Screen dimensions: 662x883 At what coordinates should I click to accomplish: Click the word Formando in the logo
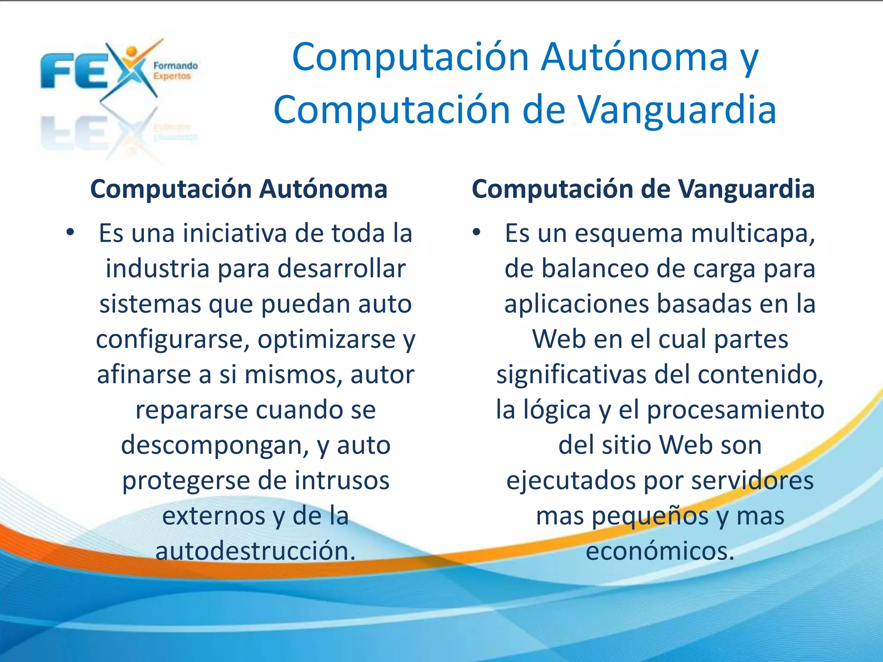point(175,66)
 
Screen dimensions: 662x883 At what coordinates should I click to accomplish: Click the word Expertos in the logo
point(172,76)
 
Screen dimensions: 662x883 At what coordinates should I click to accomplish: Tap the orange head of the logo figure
point(132,53)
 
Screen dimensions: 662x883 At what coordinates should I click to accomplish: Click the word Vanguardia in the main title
point(677,110)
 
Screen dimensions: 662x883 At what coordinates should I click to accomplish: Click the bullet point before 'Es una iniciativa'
point(70,233)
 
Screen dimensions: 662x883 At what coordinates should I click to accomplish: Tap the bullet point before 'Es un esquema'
point(476,233)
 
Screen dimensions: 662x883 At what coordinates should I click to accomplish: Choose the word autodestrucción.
point(256,551)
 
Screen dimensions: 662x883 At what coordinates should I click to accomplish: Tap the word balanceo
point(595,269)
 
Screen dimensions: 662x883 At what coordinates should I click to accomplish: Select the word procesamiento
point(736,410)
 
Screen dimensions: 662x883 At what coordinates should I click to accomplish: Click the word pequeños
point(650,516)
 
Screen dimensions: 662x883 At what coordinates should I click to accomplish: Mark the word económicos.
point(660,551)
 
